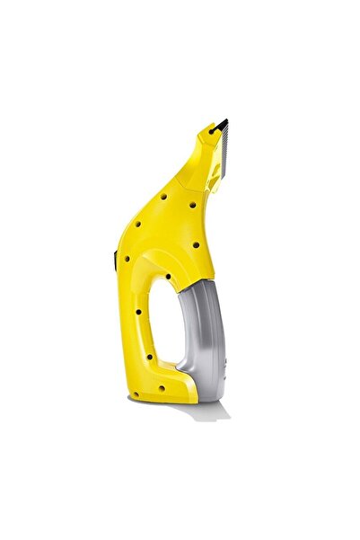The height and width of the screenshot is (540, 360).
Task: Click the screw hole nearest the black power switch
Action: (x=127, y=259)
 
